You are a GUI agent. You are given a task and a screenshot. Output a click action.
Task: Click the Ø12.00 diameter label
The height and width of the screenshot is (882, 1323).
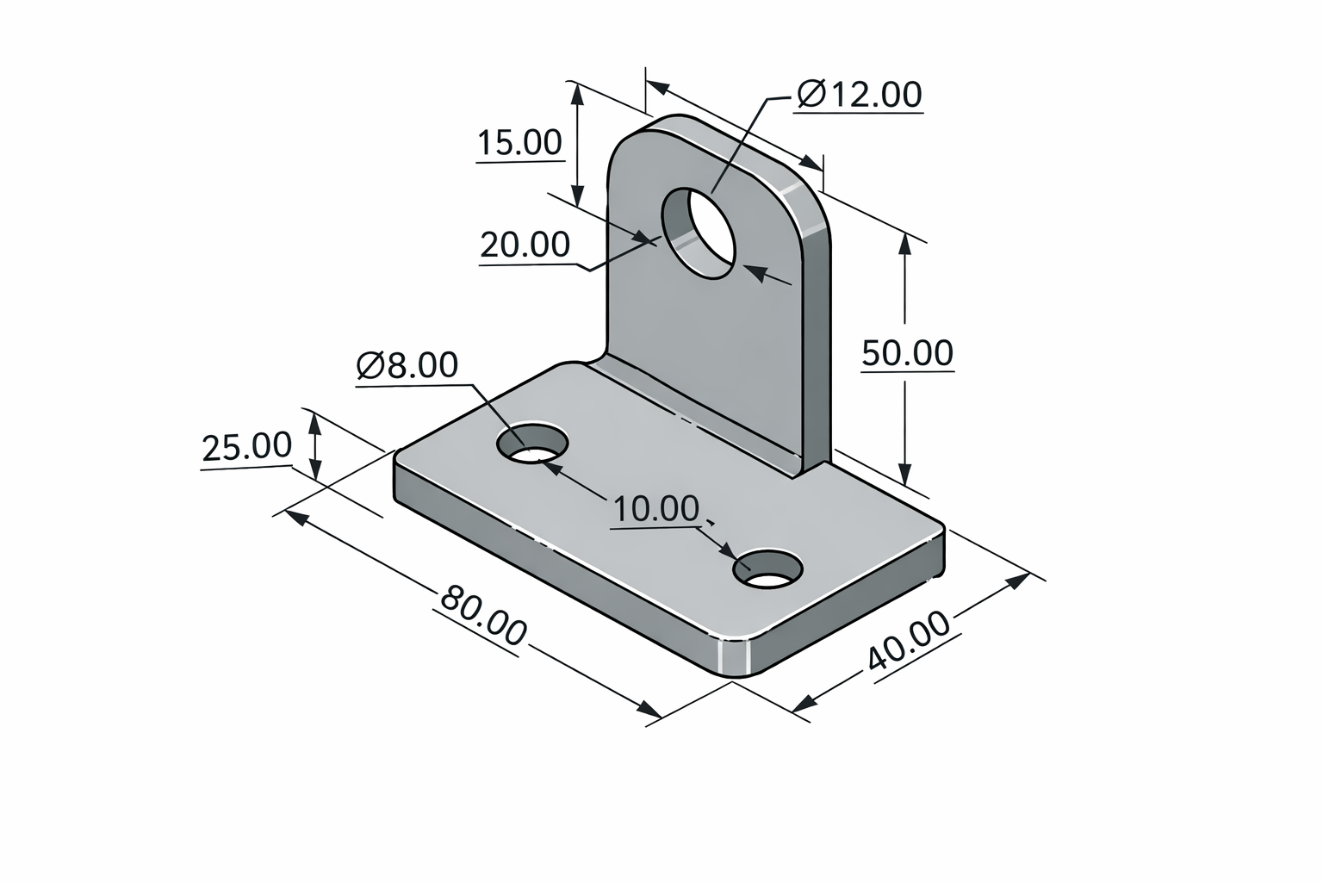[859, 94]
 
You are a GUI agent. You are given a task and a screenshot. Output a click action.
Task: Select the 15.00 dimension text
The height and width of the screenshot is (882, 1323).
[519, 142]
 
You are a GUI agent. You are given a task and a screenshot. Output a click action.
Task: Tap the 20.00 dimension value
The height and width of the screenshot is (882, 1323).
[525, 245]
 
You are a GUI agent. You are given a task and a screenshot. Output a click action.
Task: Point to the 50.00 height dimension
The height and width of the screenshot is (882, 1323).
[907, 353]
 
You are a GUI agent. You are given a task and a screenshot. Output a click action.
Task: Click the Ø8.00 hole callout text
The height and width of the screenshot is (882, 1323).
[407, 365]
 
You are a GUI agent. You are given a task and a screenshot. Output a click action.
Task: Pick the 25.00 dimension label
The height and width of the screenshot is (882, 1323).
[246, 447]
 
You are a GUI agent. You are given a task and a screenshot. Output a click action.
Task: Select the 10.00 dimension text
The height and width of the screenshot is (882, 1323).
[656, 509]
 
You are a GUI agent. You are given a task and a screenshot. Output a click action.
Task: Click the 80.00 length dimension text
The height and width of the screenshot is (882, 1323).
[482, 615]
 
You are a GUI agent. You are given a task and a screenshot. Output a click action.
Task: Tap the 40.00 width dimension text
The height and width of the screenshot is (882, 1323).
[909, 642]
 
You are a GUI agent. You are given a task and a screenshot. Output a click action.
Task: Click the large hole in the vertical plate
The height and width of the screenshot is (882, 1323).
[699, 233]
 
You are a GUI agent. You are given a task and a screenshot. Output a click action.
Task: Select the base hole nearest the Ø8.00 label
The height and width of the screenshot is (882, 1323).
[532, 444]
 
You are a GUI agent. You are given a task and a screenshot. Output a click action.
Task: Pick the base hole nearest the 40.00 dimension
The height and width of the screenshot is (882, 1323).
[767, 569]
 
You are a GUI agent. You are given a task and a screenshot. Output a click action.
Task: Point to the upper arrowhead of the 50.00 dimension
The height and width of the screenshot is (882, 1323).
[904, 242]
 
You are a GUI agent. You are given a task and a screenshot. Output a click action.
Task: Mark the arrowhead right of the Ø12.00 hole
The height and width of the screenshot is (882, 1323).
[755, 271]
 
